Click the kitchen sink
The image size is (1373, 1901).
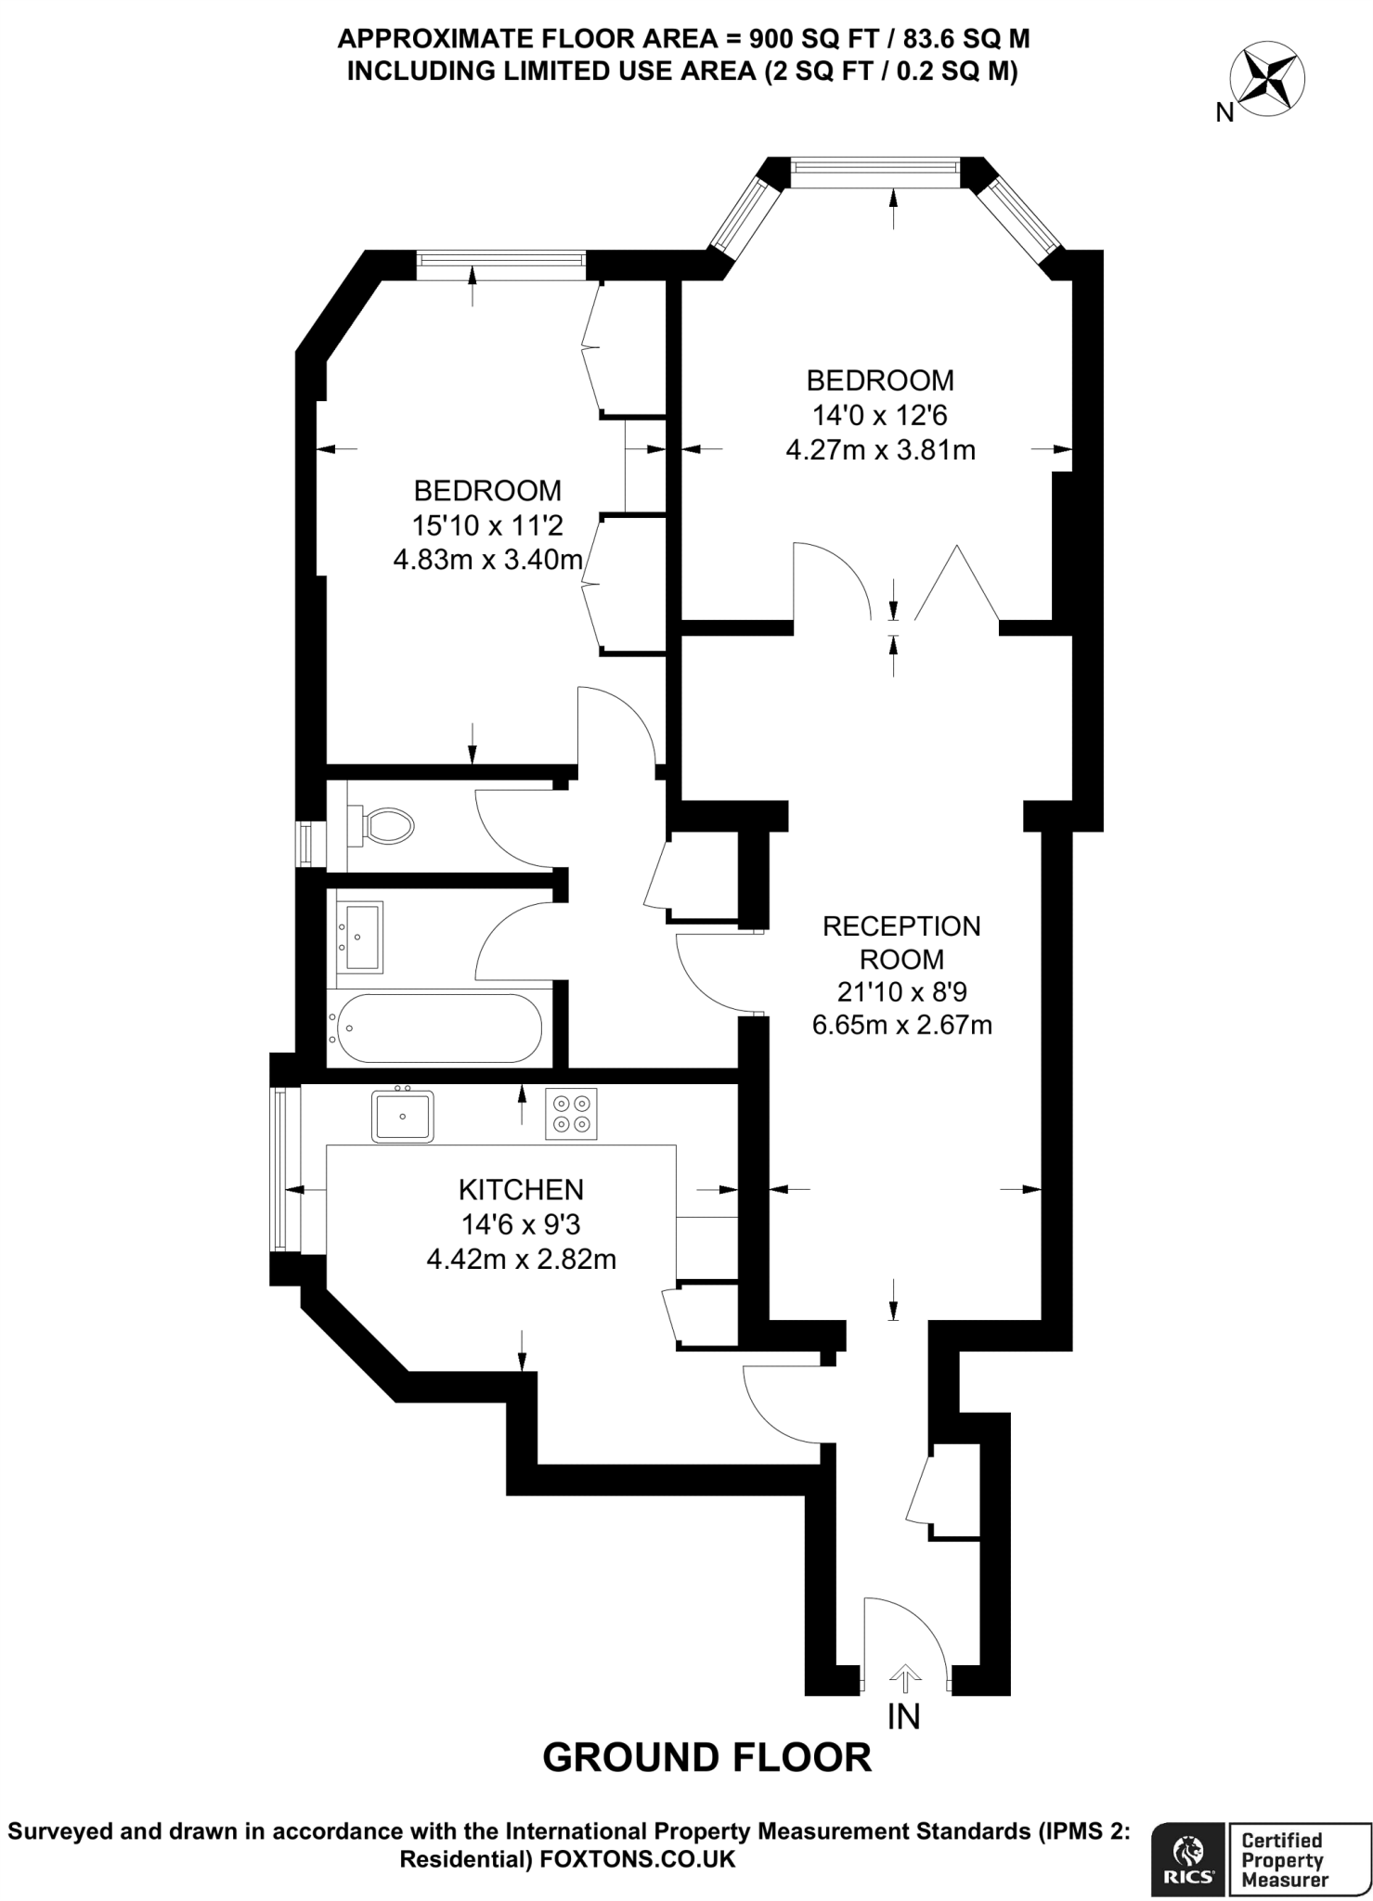[402, 1116]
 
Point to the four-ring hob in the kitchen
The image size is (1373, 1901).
[570, 1114]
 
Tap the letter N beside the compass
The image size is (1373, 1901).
[1224, 113]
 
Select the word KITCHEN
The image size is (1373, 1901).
[521, 1189]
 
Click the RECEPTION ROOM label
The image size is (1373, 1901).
[901, 942]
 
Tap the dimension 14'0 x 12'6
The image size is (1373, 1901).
[879, 415]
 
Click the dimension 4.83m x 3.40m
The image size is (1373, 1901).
[487, 560]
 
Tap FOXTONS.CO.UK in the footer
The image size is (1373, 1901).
[637, 1859]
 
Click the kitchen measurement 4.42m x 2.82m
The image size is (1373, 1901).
[521, 1260]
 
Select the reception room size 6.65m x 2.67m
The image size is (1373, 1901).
[901, 1025]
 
